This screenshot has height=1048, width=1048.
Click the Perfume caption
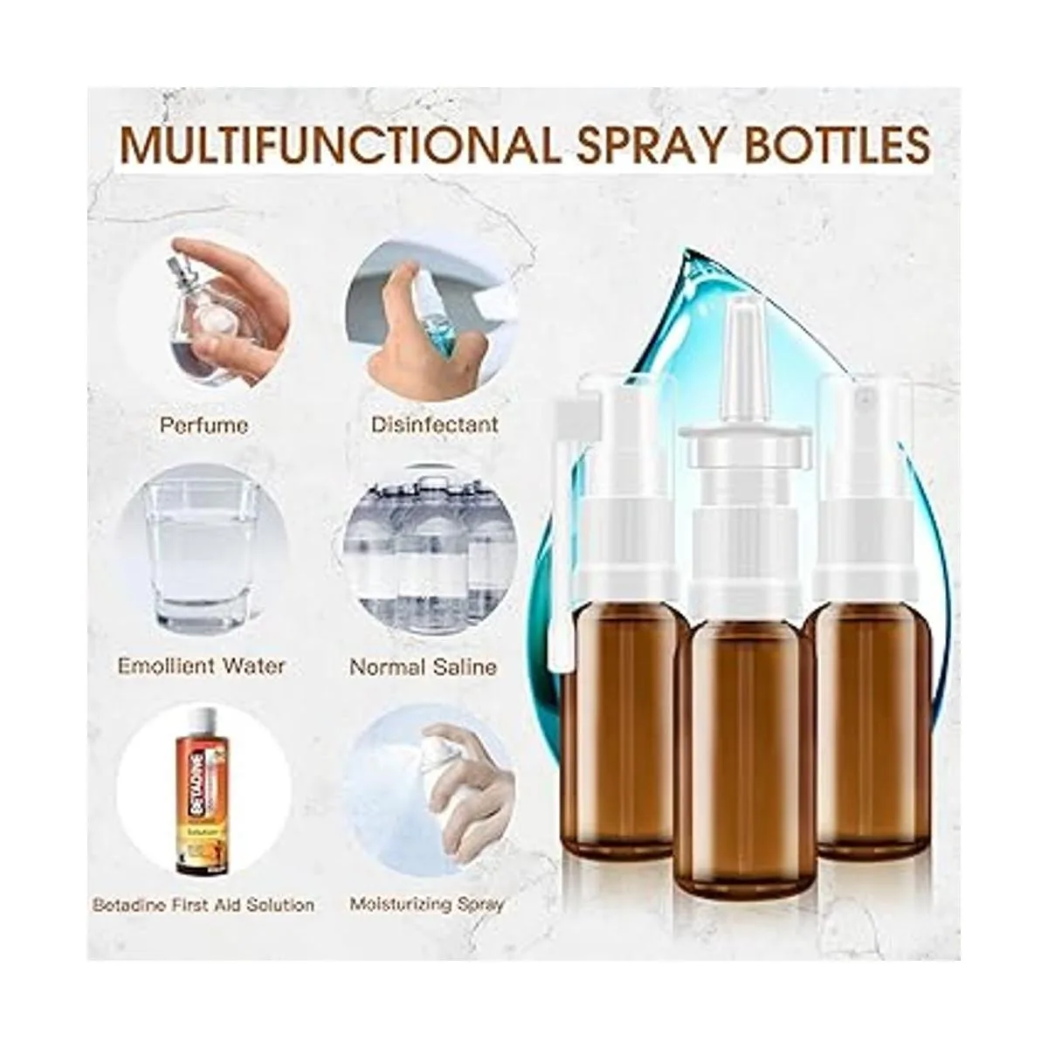(204, 424)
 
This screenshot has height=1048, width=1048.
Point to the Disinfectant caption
(435, 424)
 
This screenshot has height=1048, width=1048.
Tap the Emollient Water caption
(201, 665)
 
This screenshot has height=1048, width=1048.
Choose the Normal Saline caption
(423, 666)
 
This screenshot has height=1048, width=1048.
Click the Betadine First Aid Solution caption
(203, 905)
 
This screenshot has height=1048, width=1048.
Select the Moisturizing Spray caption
(426, 906)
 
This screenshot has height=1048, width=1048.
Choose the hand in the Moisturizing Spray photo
(462, 783)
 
